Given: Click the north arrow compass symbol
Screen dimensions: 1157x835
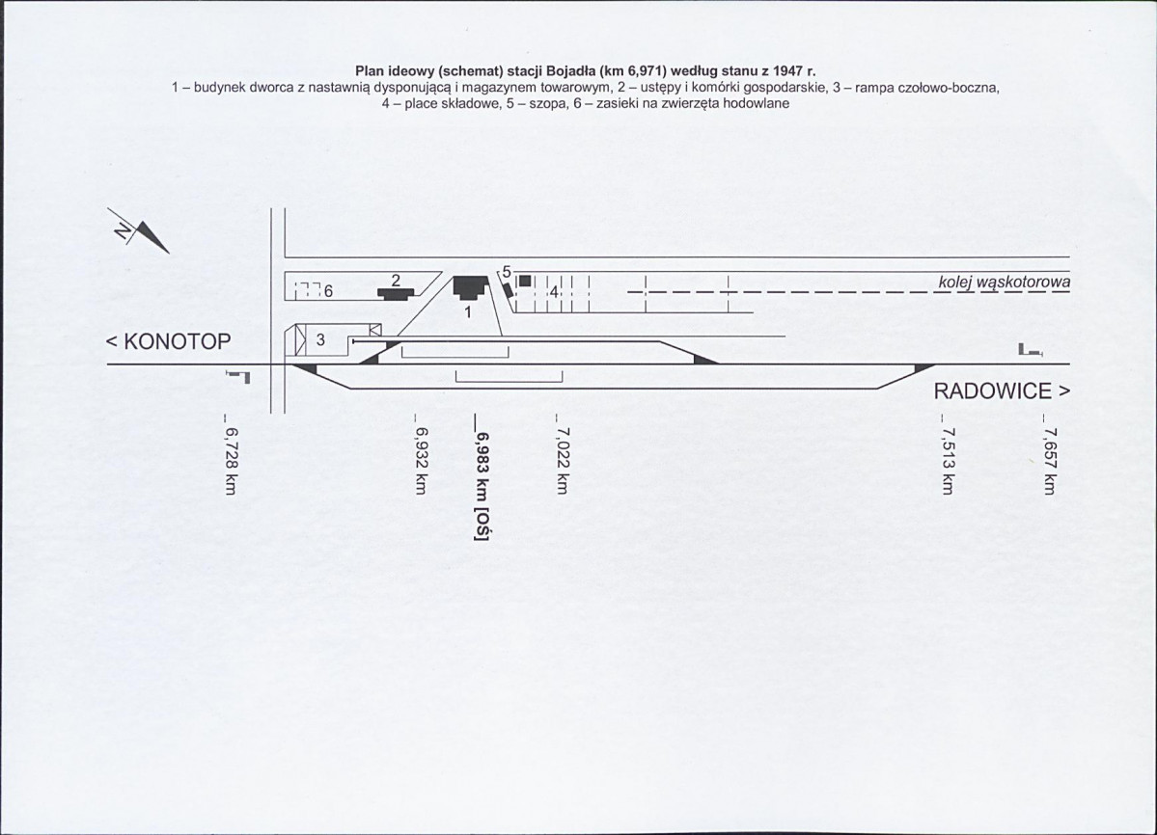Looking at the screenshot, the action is [x=140, y=231].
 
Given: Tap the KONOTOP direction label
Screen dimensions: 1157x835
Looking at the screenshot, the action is [x=168, y=342].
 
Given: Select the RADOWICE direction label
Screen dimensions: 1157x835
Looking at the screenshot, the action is [x=1002, y=391].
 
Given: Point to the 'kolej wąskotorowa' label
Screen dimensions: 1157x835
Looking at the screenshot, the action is [x=1005, y=283].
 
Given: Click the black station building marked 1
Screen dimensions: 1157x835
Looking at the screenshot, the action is [x=471, y=287].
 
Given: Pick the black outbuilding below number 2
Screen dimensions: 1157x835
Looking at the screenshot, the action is [x=397, y=293].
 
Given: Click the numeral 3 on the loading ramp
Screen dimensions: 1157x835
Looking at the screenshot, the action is [x=320, y=340].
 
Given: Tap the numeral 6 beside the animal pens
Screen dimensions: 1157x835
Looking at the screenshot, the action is [x=328, y=292].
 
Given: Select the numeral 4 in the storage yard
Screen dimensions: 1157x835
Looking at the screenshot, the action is [x=554, y=292].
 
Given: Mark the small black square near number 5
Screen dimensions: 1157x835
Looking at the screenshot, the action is [x=525, y=281].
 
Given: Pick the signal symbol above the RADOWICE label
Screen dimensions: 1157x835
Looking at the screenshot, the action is [x=1030, y=350].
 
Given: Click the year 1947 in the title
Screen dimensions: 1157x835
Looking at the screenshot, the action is [x=785, y=71].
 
